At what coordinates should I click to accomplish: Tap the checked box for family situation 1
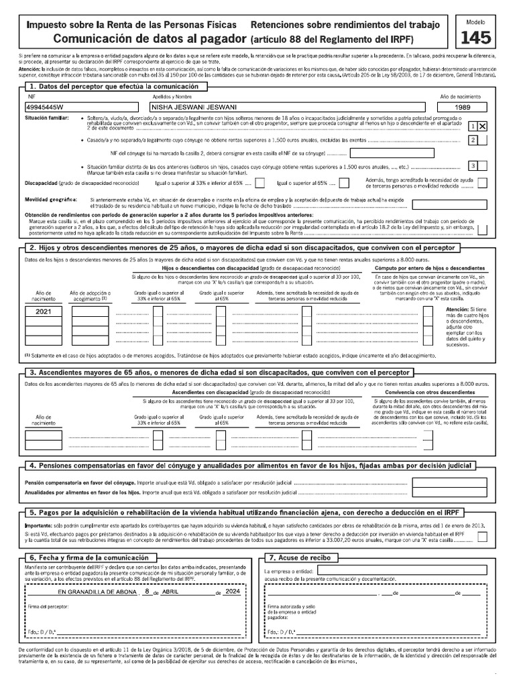coord(482,125)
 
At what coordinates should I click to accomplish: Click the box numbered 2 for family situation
coord(473,140)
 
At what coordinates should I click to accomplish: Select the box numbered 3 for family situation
coord(473,166)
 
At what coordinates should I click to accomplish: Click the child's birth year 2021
coord(43,312)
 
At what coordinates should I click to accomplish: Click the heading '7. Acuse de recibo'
coord(300,557)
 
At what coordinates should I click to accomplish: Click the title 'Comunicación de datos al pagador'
coord(149,38)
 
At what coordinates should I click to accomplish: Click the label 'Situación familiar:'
coord(46,117)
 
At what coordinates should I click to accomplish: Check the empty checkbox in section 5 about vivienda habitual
coord(482,537)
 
